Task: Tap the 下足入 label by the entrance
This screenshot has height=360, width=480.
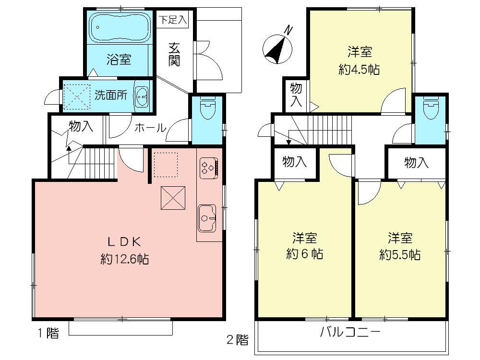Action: click(x=173, y=20)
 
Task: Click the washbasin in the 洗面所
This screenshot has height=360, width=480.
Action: click(x=142, y=96)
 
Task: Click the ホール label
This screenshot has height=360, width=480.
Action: click(x=150, y=128)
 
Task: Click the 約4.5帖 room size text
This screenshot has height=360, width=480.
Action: click(x=359, y=69)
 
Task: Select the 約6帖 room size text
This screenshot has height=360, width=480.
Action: click(x=305, y=253)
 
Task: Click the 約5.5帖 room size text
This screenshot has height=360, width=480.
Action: click(x=400, y=253)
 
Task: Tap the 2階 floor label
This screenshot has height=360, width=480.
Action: click(x=238, y=340)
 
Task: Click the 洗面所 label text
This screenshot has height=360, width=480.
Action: click(x=110, y=95)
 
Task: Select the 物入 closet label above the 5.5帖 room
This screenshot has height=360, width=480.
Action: click(x=416, y=163)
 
